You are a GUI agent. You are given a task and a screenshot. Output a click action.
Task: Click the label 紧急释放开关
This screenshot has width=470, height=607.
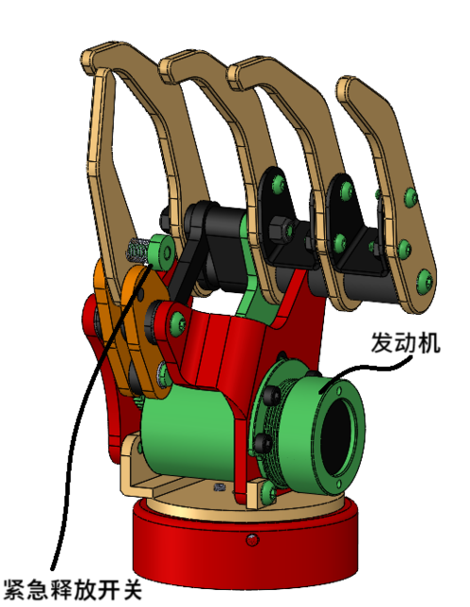click(x=72, y=589)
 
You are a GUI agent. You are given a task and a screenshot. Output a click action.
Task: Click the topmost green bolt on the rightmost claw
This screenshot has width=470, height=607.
click(x=409, y=197)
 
